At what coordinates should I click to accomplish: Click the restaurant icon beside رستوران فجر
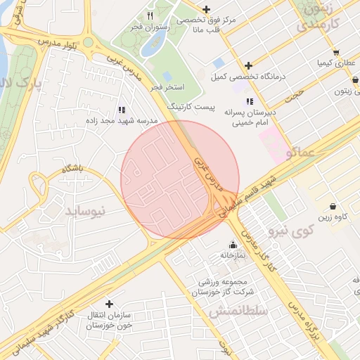150,15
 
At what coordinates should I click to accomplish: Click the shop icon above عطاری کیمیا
336,53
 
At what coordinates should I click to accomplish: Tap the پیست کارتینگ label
186,105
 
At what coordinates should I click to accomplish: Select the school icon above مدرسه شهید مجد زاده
122,110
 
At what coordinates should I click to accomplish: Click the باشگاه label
72,169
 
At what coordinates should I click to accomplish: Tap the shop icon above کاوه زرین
333,207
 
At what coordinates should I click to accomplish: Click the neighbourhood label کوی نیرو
292,231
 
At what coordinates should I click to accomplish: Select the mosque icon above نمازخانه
233,245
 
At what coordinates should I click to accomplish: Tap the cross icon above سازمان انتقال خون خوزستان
109,304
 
